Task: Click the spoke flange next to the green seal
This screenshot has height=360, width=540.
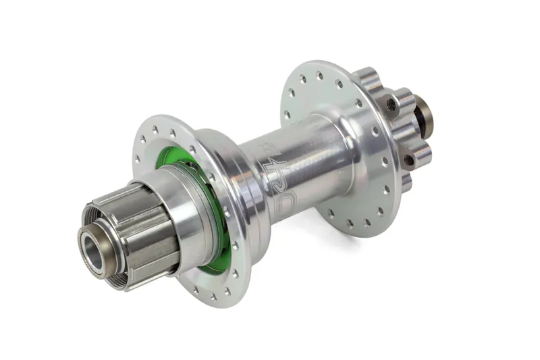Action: pyautogui.click(x=169, y=135)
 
